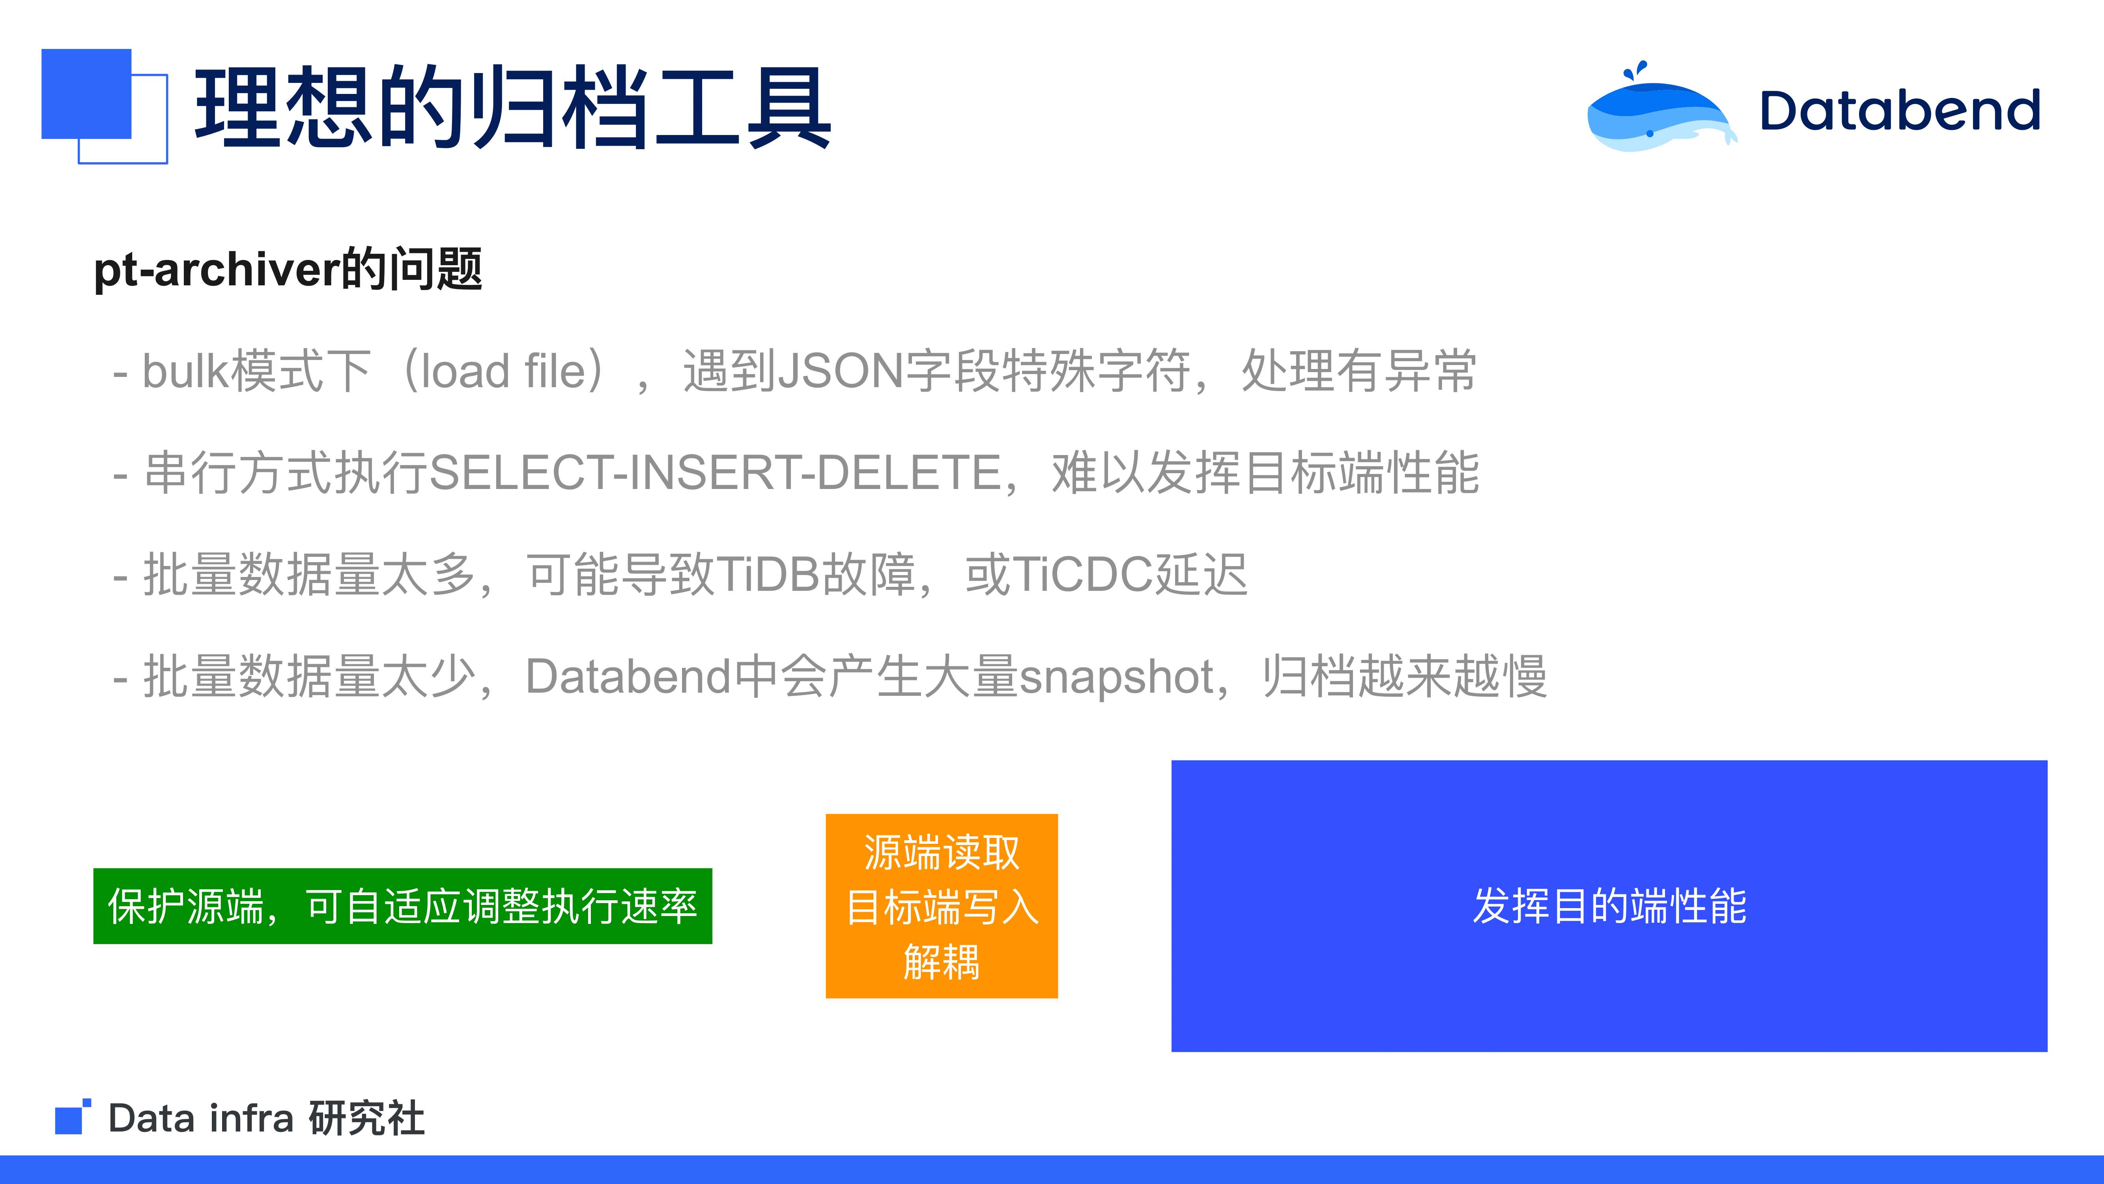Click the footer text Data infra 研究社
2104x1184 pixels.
tap(266, 1118)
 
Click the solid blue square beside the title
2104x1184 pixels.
tap(86, 94)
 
